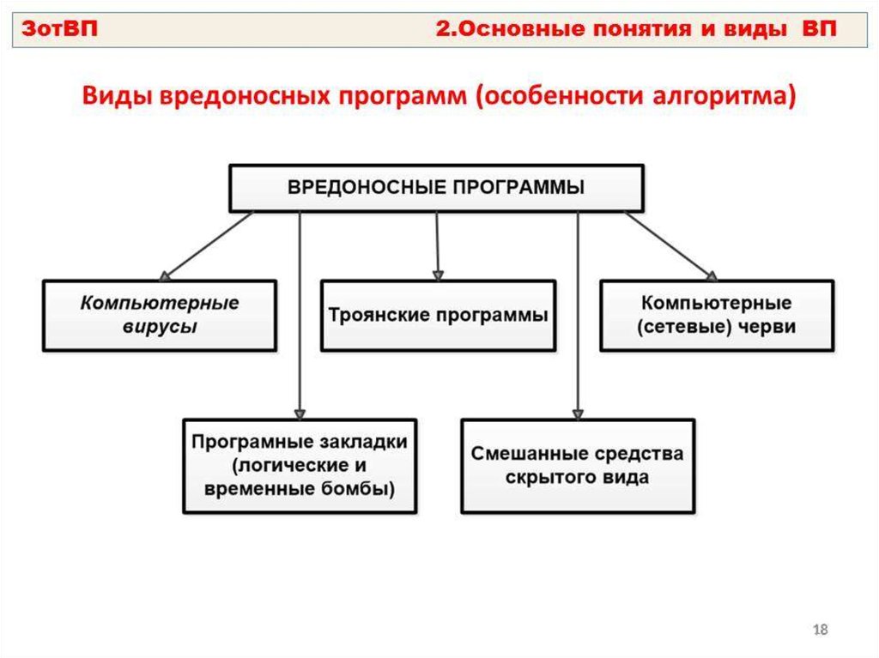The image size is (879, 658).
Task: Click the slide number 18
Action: click(820, 631)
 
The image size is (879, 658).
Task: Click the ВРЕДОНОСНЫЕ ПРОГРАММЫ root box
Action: click(435, 188)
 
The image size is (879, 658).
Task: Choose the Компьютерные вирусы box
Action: click(160, 315)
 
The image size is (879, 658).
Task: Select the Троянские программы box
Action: click(438, 315)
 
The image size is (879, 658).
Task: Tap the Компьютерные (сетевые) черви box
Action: click(716, 315)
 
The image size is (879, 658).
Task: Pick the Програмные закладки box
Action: click(300, 466)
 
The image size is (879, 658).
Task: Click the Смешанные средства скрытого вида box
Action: click(578, 466)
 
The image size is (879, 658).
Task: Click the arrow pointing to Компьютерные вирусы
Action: click(206, 246)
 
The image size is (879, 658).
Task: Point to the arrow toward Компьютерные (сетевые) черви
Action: click(670, 246)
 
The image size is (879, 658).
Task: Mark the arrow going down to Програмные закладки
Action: click(300, 317)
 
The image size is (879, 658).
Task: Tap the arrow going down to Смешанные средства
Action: click(578, 317)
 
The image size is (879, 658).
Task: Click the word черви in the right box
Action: click(771, 327)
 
